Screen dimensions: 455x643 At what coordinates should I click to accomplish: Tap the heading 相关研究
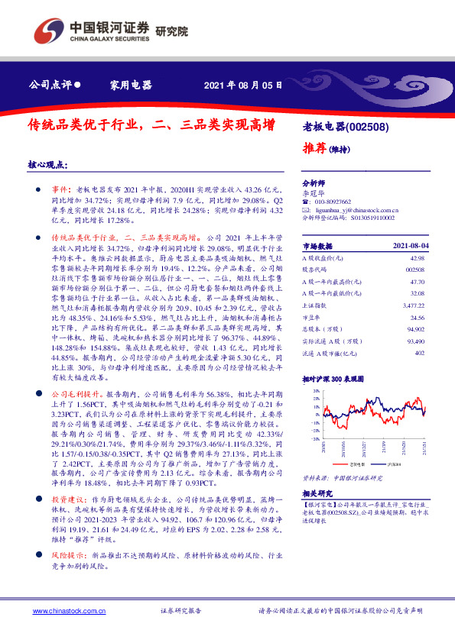click(316, 493)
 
